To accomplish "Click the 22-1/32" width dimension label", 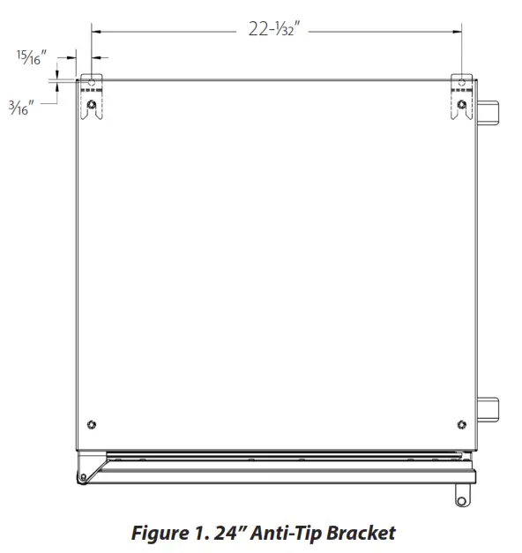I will click(x=275, y=30).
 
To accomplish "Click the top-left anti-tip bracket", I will click(x=92, y=97).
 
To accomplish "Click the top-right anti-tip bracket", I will click(x=463, y=97).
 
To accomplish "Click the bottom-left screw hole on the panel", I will click(x=93, y=425).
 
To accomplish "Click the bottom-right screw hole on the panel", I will click(x=461, y=425).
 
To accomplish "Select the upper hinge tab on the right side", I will click(x=488, y=113).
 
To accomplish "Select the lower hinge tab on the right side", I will click(x=488, y=410).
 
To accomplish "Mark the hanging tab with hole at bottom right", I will click(x=461, y=497).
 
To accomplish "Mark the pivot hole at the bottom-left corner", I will click(x=82, y=479).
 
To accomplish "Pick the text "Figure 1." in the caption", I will click(x=165, y=534).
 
